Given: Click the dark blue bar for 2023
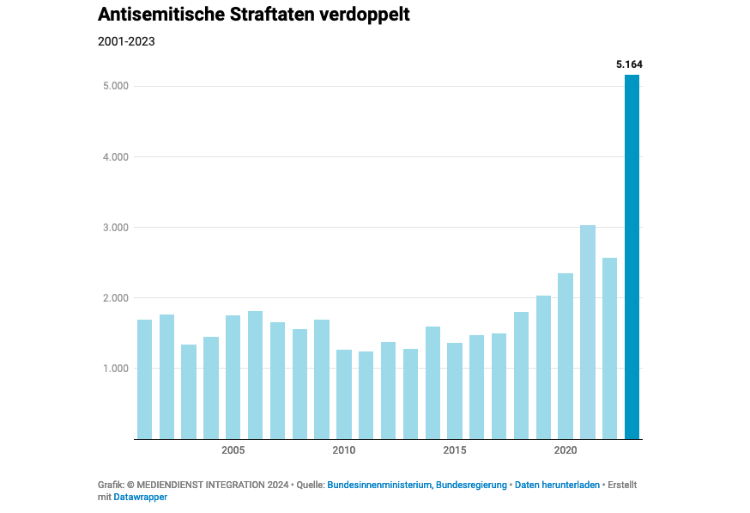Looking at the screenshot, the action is [632, 257].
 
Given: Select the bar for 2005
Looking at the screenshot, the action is [233, 377].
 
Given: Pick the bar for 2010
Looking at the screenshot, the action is [344, 394].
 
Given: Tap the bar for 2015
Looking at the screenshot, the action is [455, 391].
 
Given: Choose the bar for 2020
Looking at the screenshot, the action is [566, 356].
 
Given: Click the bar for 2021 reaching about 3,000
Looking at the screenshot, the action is [588, 332].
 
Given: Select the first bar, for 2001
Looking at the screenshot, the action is [144, 379].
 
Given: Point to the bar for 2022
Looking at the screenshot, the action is [610, 348].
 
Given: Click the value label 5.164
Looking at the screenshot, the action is [629, 64].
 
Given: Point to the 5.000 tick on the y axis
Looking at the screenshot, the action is [116, 86].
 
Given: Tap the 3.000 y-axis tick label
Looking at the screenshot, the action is [116, 228].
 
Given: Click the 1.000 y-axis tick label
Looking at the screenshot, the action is [116, 369].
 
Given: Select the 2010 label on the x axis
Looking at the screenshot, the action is [344, 450].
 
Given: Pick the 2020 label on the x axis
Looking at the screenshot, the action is [566, 450].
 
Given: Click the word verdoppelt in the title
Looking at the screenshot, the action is [365, 15].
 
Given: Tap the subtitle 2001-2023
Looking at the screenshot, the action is [126, 41].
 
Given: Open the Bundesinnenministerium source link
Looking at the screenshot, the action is [380, 485].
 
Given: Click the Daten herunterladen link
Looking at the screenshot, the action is [557, 485].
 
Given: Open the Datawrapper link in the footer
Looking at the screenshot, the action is [140, 498].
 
